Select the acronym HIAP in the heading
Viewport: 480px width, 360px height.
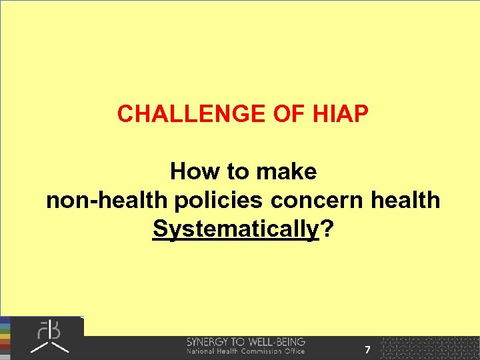pos(339,115)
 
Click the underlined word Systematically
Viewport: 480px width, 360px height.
pos(235,229)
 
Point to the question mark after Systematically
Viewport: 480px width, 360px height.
pos(327,229)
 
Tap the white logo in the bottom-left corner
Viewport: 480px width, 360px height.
pos(49,337)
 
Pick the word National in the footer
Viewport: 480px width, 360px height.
pos(201,351)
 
